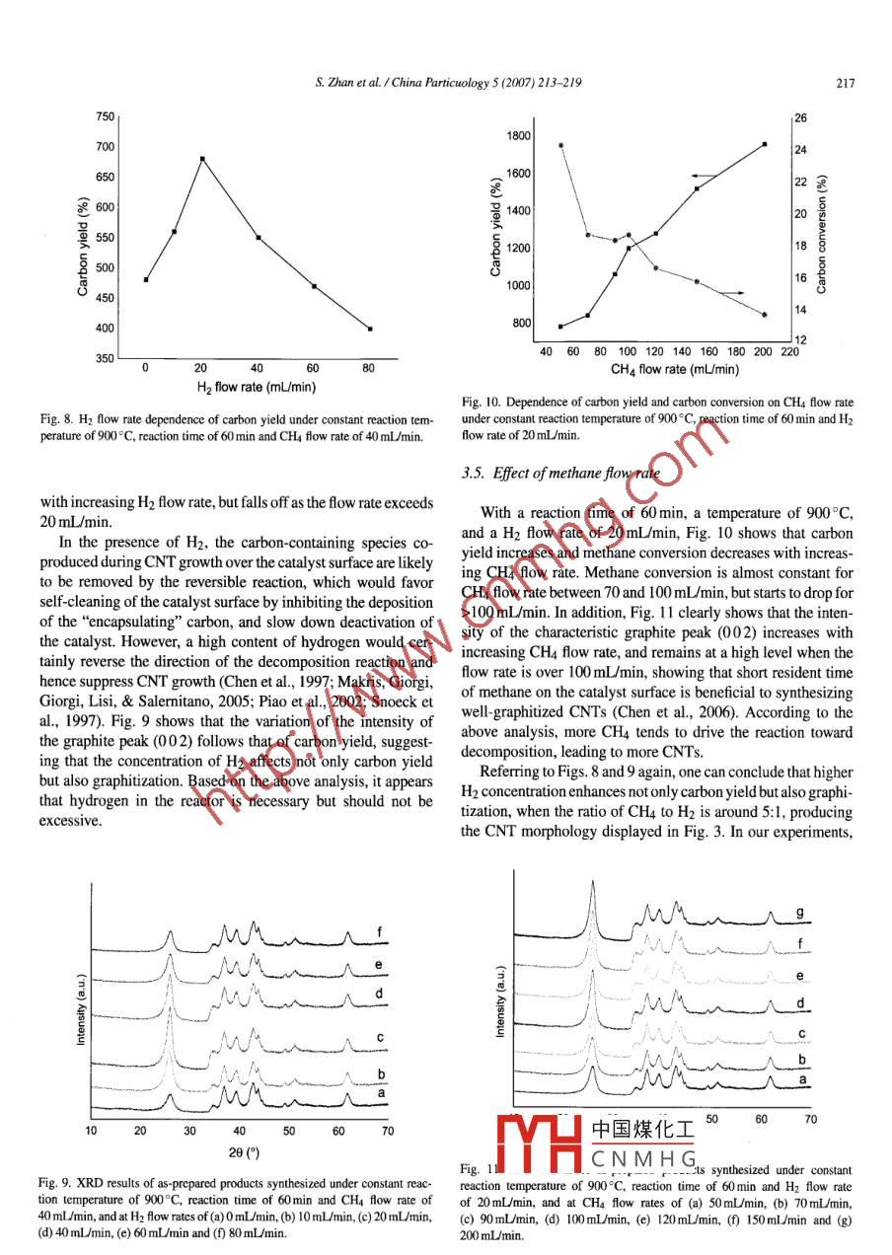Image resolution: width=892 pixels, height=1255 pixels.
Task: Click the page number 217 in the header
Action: coord(845,85)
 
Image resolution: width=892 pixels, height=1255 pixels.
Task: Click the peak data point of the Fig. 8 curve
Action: coord(202,159)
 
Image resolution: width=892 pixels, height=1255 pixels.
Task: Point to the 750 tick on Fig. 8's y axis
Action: coord(104,116)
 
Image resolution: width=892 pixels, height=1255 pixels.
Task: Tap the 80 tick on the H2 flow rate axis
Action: coord(368,368)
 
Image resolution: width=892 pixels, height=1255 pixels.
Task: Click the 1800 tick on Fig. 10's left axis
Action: coord(519,136)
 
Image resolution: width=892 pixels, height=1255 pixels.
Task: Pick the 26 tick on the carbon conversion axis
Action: coord(801,118)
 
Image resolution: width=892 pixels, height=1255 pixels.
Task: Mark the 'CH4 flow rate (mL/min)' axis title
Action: coord(675,369)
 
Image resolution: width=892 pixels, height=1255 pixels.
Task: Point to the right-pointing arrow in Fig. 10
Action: coord(730,293)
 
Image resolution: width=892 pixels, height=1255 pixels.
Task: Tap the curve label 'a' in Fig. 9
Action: coord(380,1092)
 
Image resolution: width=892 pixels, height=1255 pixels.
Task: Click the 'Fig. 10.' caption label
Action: coord(479,403)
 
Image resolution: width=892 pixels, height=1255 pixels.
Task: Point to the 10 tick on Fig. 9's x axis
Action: coord(91,1131)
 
